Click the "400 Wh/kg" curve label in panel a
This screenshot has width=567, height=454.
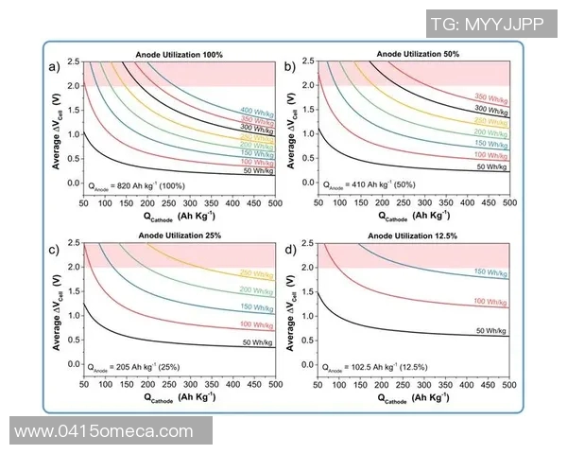(257, 112)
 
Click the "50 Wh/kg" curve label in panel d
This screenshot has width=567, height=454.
(491, 331)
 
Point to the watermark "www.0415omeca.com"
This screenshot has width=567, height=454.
(105, 430)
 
